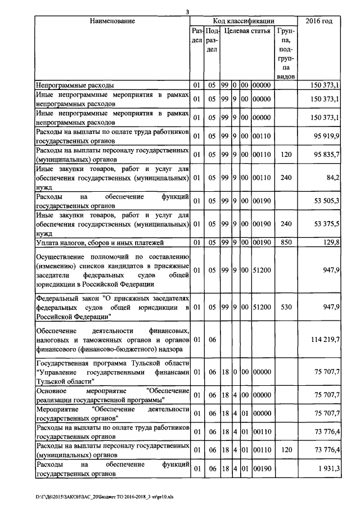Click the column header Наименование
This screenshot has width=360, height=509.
coord(112,21)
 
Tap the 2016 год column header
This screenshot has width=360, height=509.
coord(327,21)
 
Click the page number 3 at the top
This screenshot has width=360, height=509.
coord(187,12)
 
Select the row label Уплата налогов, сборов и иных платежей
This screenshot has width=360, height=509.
coord(100,242)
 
